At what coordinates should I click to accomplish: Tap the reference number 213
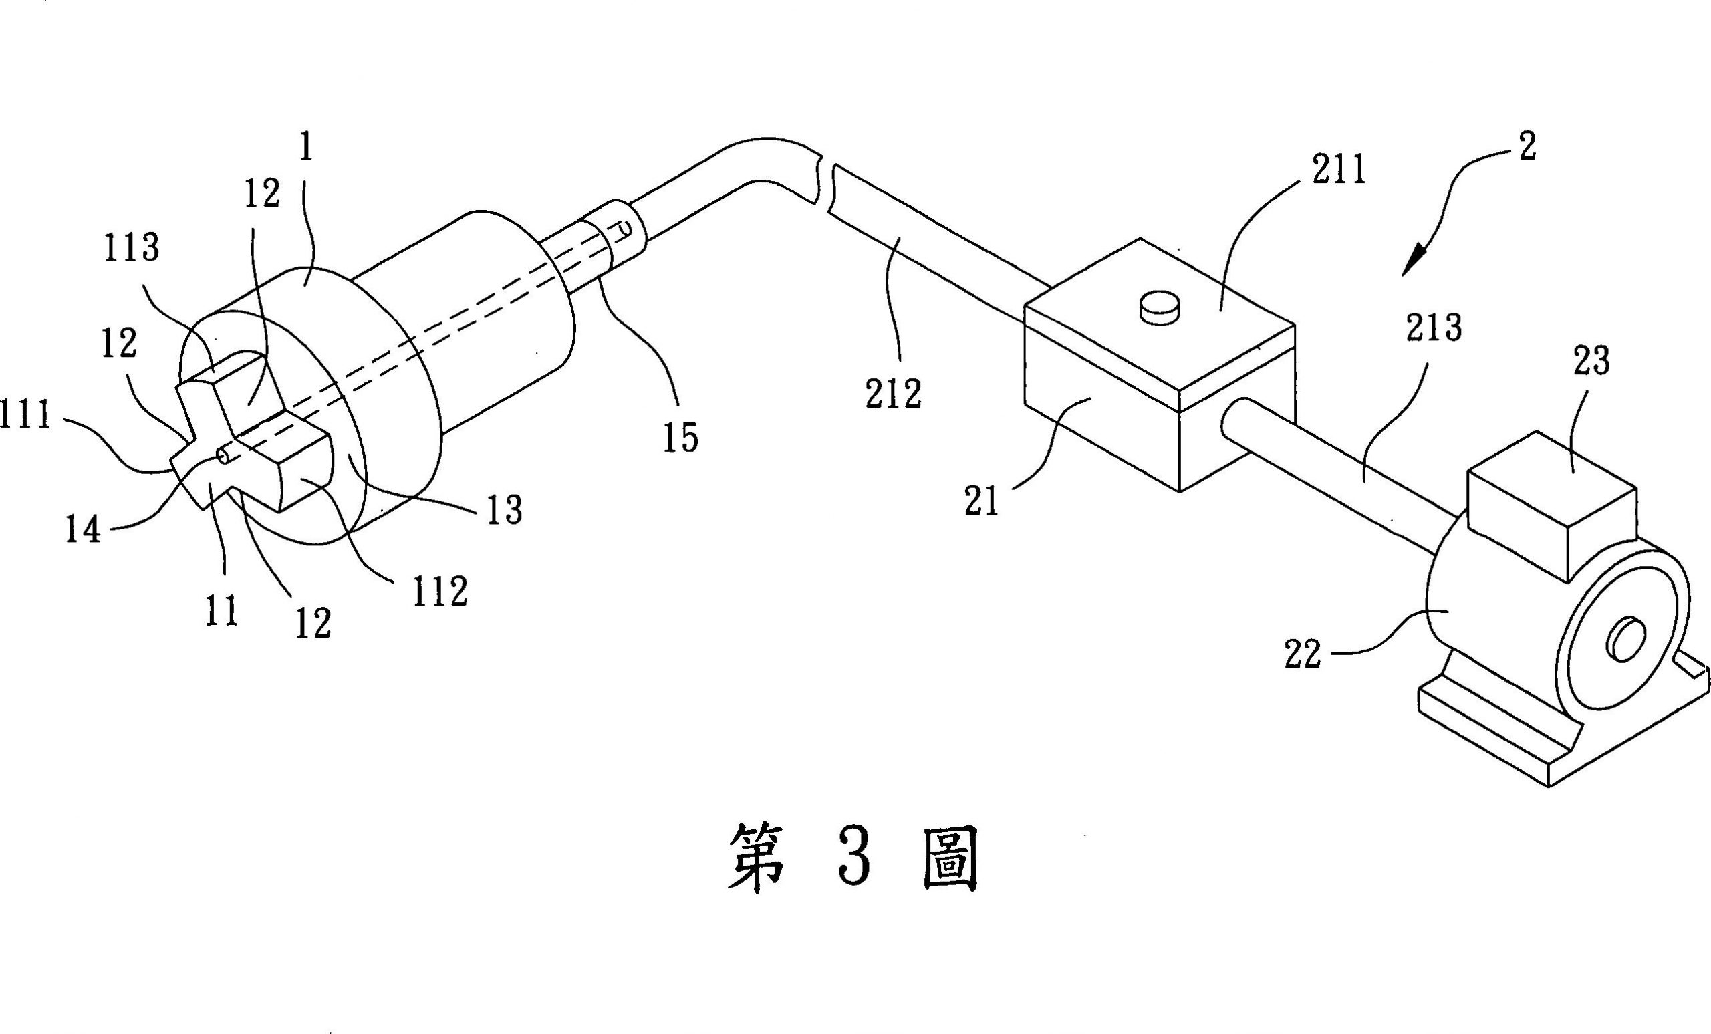tap(1434, 328)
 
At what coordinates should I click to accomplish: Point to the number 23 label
tap(1591, 362)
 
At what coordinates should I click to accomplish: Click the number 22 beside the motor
tap(1303, 654)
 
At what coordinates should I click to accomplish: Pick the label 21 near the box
tap(981, 501)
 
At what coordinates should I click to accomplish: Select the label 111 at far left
tap(25, 416)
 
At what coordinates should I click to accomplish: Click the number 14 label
tap(83, 531)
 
